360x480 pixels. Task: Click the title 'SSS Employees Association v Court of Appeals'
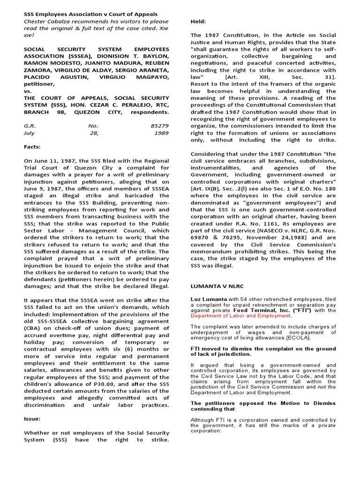click(x=90, y=14)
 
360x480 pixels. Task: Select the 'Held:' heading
click(x=199, y=22)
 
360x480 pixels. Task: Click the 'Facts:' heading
click(x=32, y=147)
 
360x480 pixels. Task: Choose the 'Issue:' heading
click(x=32, y=419)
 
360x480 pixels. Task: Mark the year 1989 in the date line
click(x=161, y=133)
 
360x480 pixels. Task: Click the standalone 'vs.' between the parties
click(x=28, y=91)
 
